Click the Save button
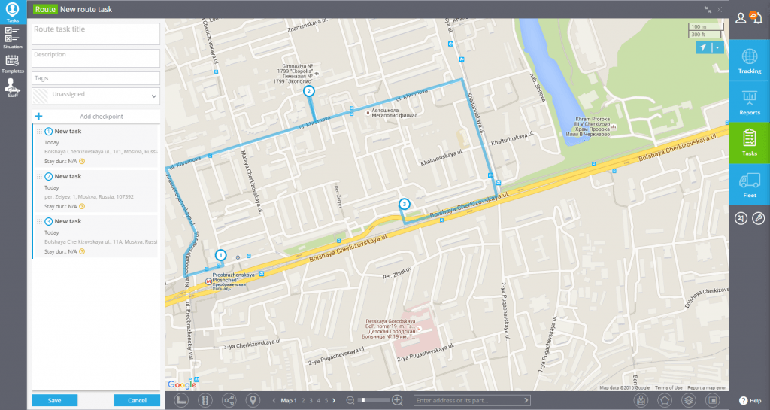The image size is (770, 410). tap(54, 400)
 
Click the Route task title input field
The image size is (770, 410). tap(95, 33)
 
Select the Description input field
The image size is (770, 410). tap(95, 58)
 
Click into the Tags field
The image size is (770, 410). tap(95, 78)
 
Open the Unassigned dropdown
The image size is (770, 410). tap(95, 96)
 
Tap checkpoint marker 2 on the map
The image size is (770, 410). tap(308, 91)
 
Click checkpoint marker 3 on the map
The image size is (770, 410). tap(404, 204)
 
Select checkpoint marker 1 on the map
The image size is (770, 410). tap(220, 255)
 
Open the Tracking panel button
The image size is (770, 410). tap(749, 60)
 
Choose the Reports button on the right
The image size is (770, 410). tap(749, 102)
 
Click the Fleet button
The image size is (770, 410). tap(749, 184)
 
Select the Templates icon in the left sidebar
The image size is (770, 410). tap(12, 64)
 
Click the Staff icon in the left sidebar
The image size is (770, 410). tap(12, 87)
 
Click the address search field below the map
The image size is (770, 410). tap(469, 400)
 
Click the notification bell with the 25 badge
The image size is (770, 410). tap(757, 18)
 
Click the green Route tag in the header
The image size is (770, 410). tap(44, 9)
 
